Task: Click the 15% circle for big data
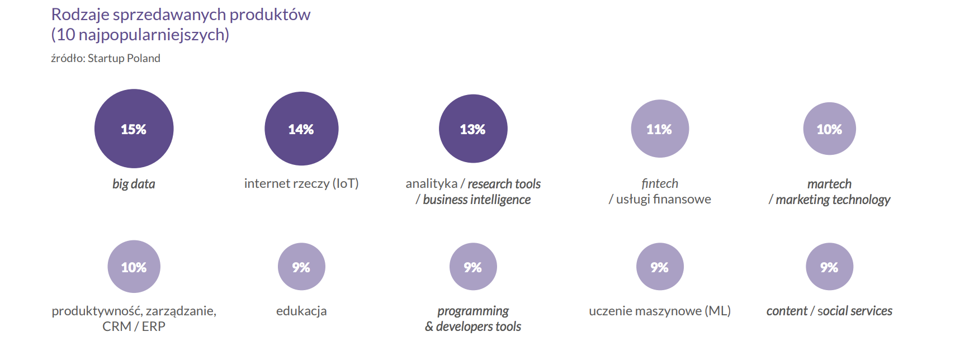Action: [x=134, y=129]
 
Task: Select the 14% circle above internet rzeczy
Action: [x=301, y=129]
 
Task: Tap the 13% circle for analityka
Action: [x=473, y=129]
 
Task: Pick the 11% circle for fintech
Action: [x=660, y=129]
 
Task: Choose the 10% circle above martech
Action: [x=830, y=129]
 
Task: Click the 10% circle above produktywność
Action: [x=134, y=267]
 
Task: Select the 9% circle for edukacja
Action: [x=301, y=267]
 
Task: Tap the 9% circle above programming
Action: [x=473, y=267]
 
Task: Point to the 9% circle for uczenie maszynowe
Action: [x=660, y=267]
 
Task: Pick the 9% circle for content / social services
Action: [x=830, y=267]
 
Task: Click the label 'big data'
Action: [x=134, y=184]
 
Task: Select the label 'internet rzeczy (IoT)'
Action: [x=301, y=183]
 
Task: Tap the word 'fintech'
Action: [x=660, y=183]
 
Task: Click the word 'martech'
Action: [x=830, y=184]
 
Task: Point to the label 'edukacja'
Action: [x=301, y=311]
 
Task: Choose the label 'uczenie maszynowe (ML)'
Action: [x=660, y=311]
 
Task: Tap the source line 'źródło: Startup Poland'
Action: [x=106, y=58]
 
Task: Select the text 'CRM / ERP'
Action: [x=134, y=326]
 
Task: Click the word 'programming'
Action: [x=473, y=311]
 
